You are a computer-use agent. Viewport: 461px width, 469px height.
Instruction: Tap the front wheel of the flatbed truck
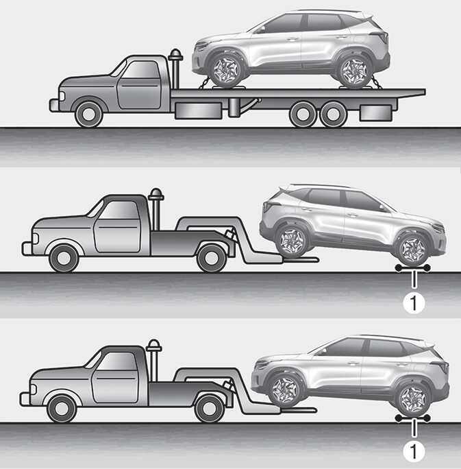(x=89, y=114)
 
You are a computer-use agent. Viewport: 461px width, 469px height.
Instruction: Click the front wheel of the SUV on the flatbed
(x=225, y=71)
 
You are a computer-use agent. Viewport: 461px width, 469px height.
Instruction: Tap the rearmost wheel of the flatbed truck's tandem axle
(x=333, y=114)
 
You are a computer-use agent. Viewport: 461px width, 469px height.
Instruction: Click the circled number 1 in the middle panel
(x=414, y=303)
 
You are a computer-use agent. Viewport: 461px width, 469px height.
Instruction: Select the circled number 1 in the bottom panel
(x=414, y=451)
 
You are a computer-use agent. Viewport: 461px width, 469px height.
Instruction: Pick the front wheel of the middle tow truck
(x=64, y=258)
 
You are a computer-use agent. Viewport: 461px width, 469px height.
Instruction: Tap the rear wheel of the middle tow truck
(x=211, y=258)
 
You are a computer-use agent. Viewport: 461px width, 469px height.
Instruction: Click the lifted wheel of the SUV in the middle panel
(x=290, y=241)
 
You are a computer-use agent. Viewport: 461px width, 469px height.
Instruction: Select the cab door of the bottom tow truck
(x=115, y=377)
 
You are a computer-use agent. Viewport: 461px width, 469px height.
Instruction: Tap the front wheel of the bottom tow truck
(x=62, y=409)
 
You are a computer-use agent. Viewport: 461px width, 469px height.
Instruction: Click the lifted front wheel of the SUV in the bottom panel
(x=284, y=390)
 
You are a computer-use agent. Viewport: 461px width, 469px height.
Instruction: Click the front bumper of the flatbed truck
(x=54, y=106)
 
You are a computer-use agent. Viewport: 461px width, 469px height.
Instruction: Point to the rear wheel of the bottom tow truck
(x=210, y=409)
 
